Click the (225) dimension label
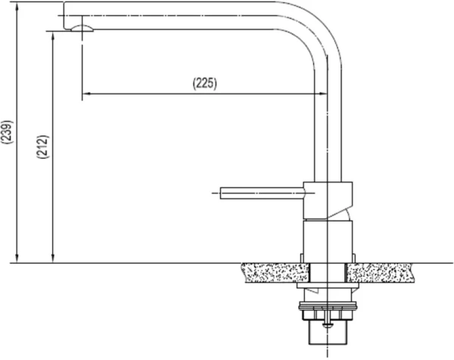pyautogui.click(x=205, y=83)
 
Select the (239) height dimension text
pyautogui.click(x=7, y=132)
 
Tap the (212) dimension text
pyautogui.click(x=43, y=147)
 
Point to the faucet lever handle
pyautogui.click(x=263, y=193)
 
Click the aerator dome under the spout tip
pyautogui.click(x=82, y=28)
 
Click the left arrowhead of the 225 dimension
pyautogui.click(x=87, y=94)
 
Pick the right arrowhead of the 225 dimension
pyautogui.click(x=322, y=94)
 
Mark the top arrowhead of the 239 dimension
pyautogui.click(x=17, y=7)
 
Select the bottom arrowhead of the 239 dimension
pyautogui.click(x=17, y=259)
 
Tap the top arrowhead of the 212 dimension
pyautogui.click(x=53, y=36)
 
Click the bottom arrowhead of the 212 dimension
pyautogui.click(x=53, y=259)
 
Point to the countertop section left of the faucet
pyautogui.click(x=275, y=272)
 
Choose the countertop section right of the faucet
pyautogui.click(x=380, y=272)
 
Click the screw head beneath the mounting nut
pyautogui.click(x=328, y=325)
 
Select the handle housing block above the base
pyautogui.click(x=328, y=200)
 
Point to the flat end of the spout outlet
pyautogui.click(x=64, y=15)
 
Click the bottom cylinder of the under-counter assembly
pyautogui.click(x=328, y=333)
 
